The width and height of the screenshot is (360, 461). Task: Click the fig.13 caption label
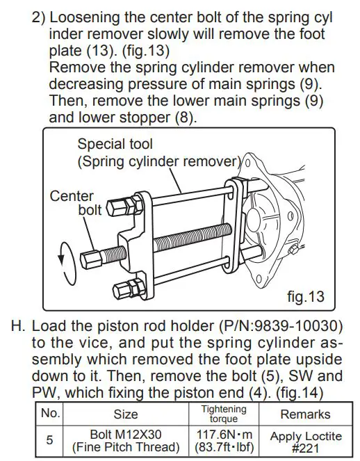305,297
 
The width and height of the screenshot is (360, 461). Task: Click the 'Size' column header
125,414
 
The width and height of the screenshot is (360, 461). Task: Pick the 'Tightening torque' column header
223,413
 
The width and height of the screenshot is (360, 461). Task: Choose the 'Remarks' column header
305,414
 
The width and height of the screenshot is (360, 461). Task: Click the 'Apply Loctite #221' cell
306,441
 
